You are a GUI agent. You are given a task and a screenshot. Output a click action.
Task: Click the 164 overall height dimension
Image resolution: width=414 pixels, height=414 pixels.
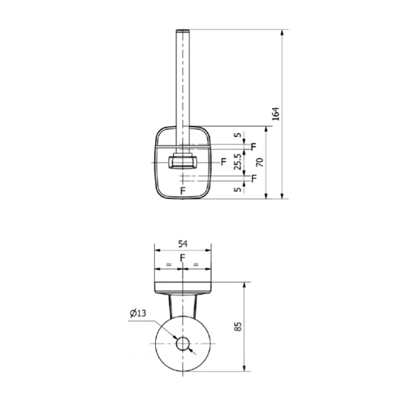pyautogui.click(x=275, y=114)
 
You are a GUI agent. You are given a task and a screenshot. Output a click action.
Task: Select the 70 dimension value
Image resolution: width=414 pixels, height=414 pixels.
pyautogui.click(x=260, y=162)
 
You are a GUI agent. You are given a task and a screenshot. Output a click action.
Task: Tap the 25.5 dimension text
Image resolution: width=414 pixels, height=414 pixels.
pyautogui.click(x=238, y=162)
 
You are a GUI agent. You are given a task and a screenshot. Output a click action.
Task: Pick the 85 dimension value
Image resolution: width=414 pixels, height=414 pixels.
pyautogui.click(x=238, y=326)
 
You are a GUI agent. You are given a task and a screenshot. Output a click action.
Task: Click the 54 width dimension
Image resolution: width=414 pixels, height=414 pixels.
pyautogui.click(x=183, y=244)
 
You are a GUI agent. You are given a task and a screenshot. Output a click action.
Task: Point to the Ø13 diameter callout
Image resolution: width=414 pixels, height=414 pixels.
pyautogui.click(x=138, y=313)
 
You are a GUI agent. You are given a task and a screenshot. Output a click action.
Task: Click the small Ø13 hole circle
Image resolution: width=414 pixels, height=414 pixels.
pyautogui.click(x=183, y=344)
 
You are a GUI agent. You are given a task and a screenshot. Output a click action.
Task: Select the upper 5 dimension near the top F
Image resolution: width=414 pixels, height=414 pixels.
pyautogui.click(x=238, y=135)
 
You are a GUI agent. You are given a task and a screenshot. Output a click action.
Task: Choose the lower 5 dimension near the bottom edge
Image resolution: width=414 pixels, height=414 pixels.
pyautogui.click(x=238, y=189)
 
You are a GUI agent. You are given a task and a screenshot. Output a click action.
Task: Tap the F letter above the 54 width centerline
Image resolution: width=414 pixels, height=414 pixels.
pyautogui.click(x=182, y=258)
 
